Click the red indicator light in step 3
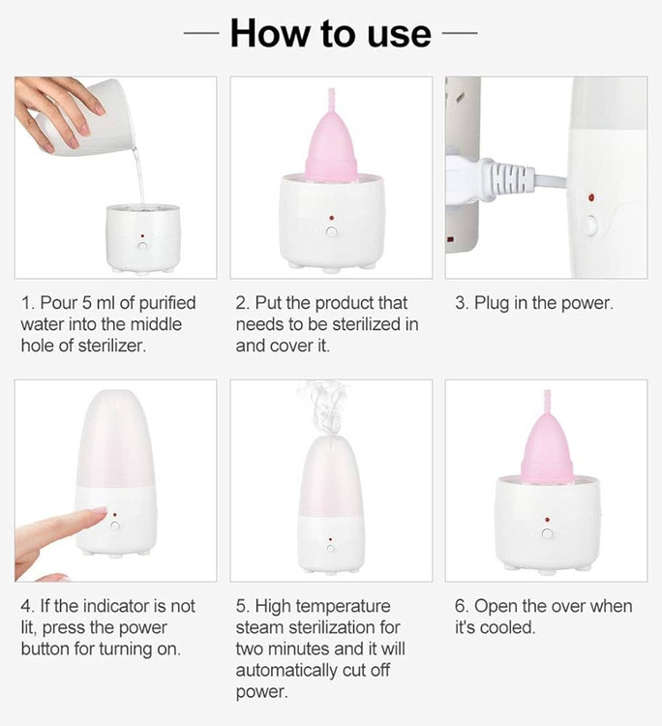click(x=591, y=197)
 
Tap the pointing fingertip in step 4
click(x=100, y=512)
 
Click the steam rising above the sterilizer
click(x=324, y=408)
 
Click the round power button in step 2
click(x=331, y=231)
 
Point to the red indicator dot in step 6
click(x=547, y=520)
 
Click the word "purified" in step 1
click(x=167, y=303)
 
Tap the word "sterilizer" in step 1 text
click(x=111, y=346)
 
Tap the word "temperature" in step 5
click(x=343, y=607)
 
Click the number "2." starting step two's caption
click(x=243, y=303)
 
